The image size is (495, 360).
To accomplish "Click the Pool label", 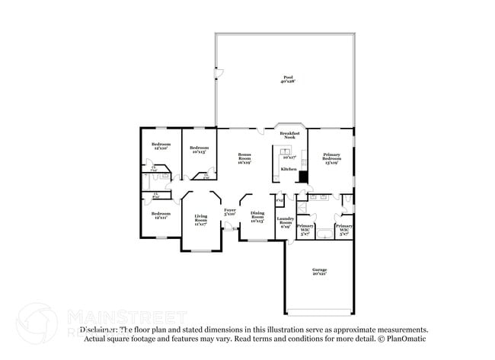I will (288, 79).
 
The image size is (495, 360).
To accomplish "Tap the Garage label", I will (319, 272).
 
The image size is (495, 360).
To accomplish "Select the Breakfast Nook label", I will (289, 135).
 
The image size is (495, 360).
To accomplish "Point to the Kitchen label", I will (289, 168).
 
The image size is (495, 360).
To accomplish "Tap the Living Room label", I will (200, 221).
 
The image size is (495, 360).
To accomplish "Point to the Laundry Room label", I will (286, 221).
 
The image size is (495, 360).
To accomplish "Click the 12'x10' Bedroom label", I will (161, 146).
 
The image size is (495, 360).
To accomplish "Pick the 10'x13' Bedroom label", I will (200, 149).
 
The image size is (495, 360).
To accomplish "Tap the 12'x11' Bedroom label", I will (160, 215).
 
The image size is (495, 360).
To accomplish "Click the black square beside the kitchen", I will (303, 177).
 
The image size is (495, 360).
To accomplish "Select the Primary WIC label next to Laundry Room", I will (305, 230).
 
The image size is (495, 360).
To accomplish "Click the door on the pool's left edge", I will (218, 74).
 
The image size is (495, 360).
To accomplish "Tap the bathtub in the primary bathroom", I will (325, 234).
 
